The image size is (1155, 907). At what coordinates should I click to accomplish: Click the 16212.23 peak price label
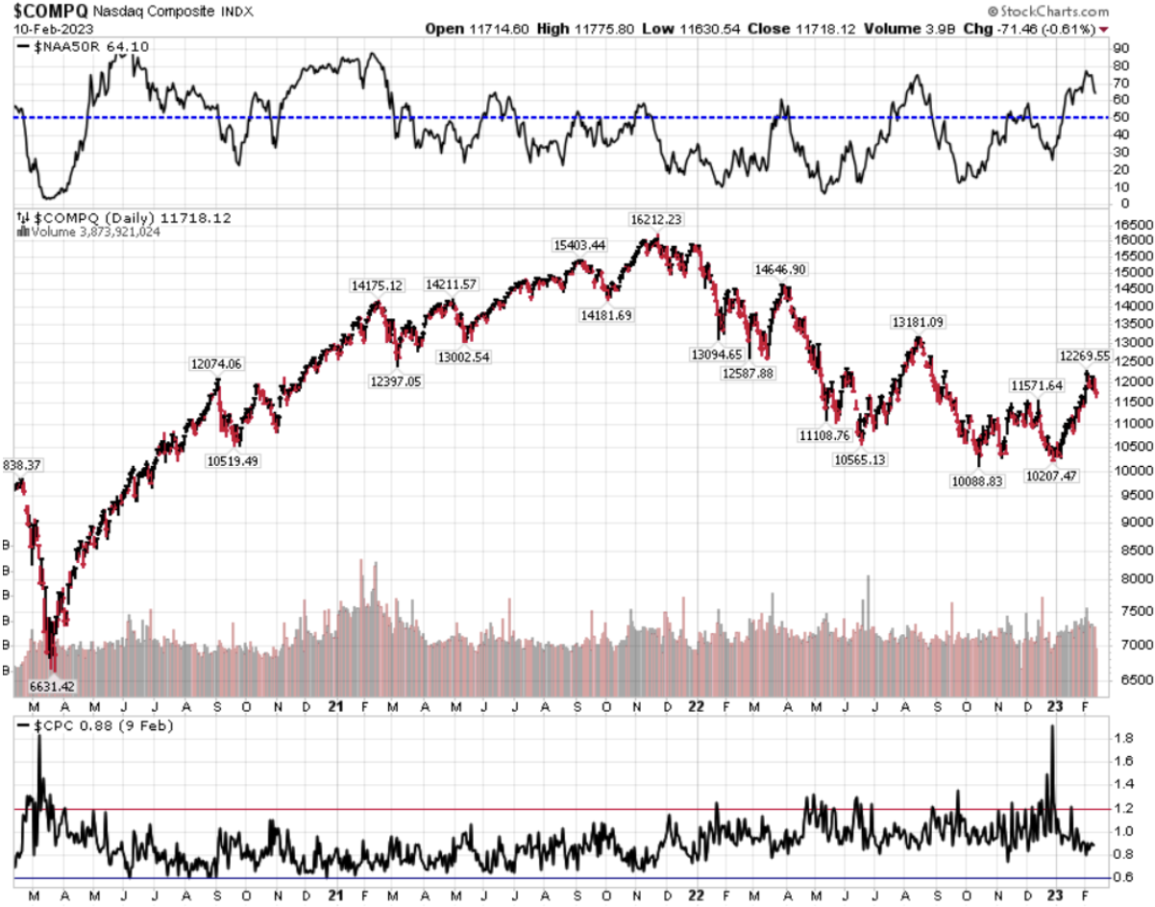pyautogui.click(x=656, y=219)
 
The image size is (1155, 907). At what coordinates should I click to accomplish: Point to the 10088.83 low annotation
pyautogui.click(x=976, y=480)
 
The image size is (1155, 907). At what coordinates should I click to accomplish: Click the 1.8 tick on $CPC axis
pyautogui.click(x=1122, y=739)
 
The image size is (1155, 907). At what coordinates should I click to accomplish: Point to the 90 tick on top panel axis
pyautogui.click(x=1119, y=65)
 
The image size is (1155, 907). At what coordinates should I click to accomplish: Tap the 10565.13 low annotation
pyautogui.click(x=859, y=460)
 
